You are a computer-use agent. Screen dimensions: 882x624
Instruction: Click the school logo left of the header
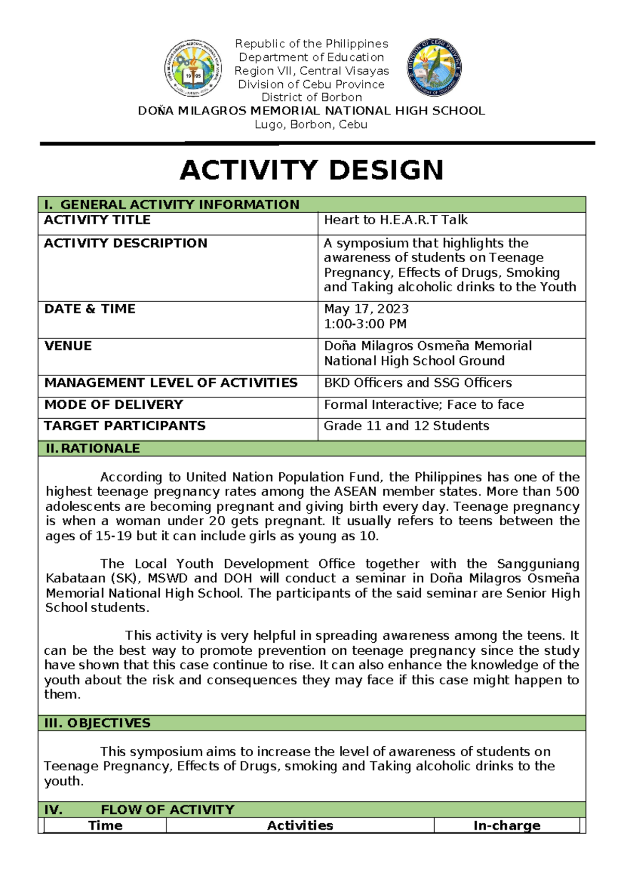click(193, 68)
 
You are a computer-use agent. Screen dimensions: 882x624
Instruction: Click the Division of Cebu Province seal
click(434, 67)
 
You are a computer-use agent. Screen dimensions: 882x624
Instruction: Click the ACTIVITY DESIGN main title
click(311, 171)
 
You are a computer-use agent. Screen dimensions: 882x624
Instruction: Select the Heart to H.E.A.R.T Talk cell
click(396, 220)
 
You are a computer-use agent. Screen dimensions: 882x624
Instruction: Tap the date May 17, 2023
click(366, 309)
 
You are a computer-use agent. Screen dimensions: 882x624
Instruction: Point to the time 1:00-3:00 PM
click(365, 324)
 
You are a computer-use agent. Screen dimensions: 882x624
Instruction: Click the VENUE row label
click(68, 346)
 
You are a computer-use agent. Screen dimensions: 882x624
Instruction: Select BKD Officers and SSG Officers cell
click(418, 383)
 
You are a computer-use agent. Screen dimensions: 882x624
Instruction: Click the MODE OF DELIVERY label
click(114, 405)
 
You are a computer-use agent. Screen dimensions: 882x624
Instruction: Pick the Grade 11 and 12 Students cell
click(406, 426)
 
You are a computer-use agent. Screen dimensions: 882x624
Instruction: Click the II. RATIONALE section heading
click(93, 448)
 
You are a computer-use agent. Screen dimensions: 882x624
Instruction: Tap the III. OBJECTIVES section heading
click(97, 723)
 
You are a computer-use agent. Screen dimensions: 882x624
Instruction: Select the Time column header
click(106, 825)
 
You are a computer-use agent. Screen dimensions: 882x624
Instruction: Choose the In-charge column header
click(506, 825)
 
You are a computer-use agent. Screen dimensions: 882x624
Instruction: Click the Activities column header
click(300, 825)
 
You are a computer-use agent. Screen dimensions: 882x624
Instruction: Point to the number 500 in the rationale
click(567, 491)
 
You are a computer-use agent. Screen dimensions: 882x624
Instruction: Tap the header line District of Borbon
click(311, 97)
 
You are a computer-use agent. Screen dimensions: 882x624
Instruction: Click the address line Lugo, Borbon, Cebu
click(311, 125)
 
